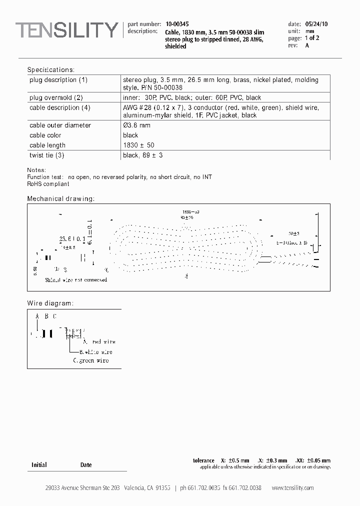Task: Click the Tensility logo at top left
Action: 66,30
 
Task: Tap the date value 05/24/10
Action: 316,23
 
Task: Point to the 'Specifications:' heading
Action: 50,70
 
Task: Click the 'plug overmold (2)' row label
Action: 56,97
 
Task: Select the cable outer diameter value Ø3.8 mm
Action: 136,125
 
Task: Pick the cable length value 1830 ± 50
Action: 139,145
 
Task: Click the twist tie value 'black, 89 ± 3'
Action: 142,155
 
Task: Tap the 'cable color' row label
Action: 45,135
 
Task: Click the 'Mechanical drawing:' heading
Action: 60,199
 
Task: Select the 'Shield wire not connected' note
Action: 76,280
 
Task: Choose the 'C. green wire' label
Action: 90,360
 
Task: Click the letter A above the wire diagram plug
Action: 37,316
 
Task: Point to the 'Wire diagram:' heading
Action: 50,303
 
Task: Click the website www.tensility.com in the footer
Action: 292,488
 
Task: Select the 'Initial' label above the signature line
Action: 39,465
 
